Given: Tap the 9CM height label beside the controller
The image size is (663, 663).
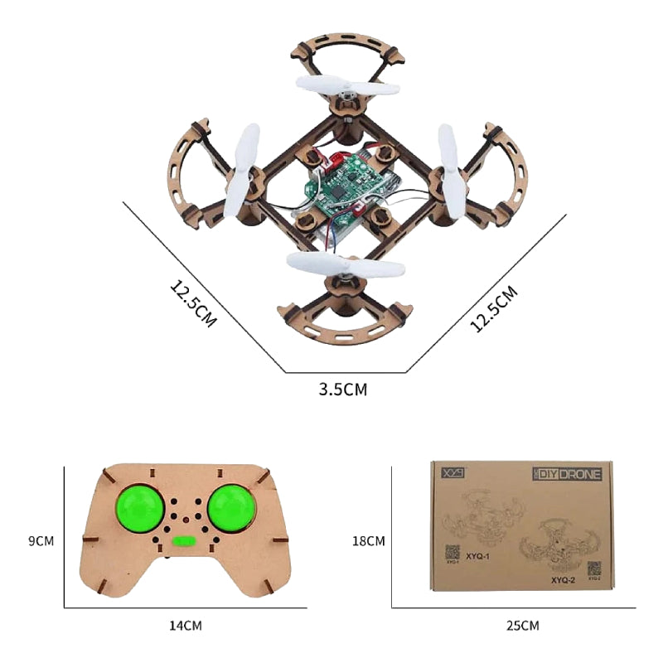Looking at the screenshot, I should [x=41, y=541].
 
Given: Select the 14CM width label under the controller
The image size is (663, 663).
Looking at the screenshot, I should [x=184, y=626].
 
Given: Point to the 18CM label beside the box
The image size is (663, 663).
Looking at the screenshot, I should [x=368, y=541].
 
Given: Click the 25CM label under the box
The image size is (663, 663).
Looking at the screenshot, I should [x=522, y=626].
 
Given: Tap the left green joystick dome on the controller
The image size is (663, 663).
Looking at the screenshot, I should [x=142, y=510].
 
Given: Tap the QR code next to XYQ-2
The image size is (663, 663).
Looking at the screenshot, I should [x=594, y=569].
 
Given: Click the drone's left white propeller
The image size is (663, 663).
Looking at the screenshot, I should [x=242, y=172].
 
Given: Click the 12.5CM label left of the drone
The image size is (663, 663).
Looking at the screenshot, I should [x=193, y=304].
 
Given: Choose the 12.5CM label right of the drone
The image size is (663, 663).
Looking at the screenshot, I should [x=494, y=308].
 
